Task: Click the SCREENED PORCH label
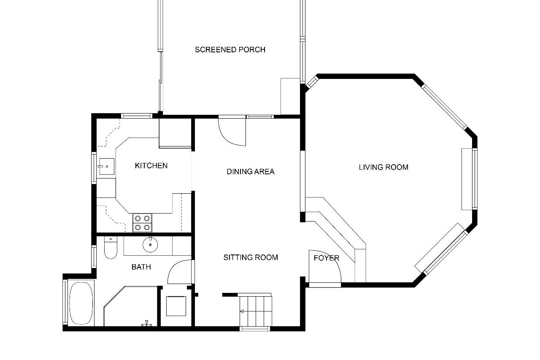pos(230,50)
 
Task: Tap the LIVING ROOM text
pos(383,167)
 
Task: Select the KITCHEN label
pos(151,165)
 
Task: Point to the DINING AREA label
pos(251,171)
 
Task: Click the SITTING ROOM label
pos(251,257)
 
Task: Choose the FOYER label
pos(327,257)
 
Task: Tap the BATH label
pos(141,267)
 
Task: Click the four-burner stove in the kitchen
pos(142,223)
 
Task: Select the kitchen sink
pos(106,166)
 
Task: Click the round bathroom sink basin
pos(150,244)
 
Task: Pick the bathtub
pos(81,303)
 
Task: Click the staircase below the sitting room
pos(256,311)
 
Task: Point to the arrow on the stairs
pos(242,311)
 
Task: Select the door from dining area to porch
pos(232,131)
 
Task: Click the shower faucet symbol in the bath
pos(146,323)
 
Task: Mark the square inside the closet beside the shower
pos(176,306)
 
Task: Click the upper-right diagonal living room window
pos(445,107)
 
